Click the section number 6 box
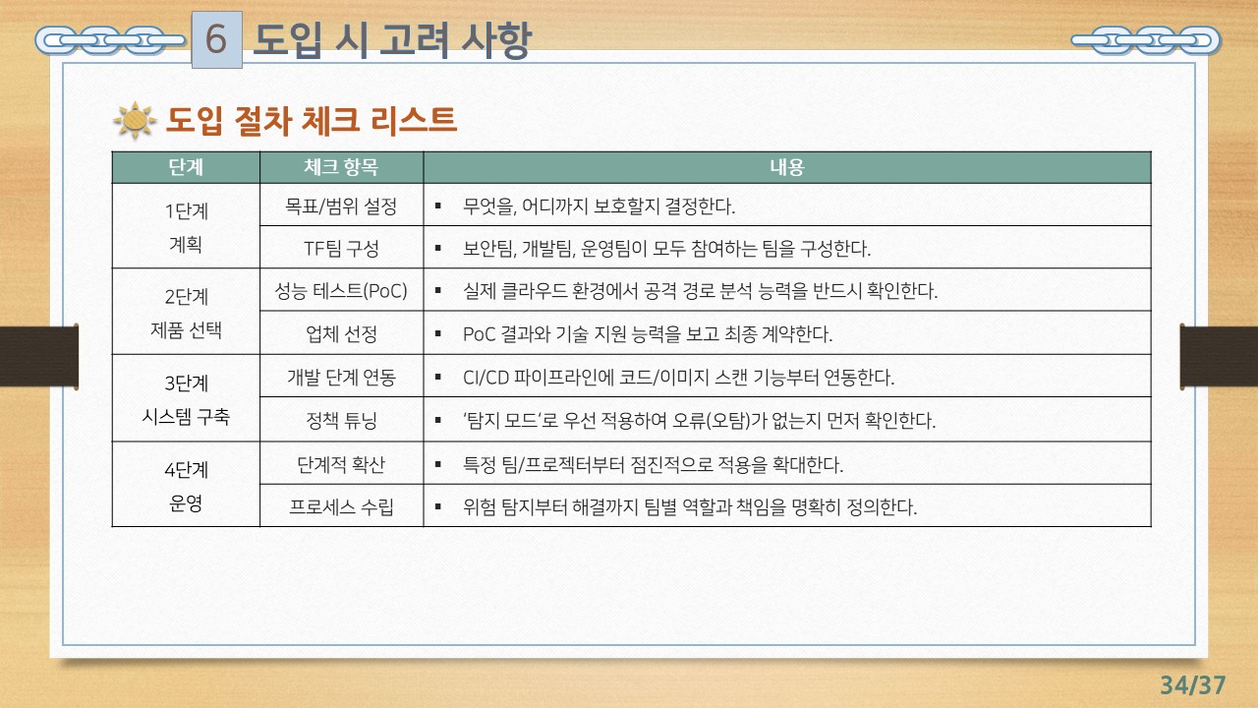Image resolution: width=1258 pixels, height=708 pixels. tap(216, 39)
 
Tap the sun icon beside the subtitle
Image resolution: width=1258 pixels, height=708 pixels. tap(135, 121)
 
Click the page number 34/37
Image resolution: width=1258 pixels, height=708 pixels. tap(1193, 684)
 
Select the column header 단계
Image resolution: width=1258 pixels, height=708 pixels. tap(186, 167)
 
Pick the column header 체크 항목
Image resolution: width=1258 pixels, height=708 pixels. tap(341, 167)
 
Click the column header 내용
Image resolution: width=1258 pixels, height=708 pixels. tap(786, 167)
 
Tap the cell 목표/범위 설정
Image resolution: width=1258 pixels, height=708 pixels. tap(341, 206)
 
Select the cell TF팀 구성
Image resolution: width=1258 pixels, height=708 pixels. tap(341, 248)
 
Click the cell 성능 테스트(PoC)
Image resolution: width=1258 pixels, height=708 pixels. tap(341, 291)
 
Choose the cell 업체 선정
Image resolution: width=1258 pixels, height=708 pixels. tap(341, 333)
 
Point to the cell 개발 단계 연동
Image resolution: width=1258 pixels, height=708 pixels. tap(341, 377)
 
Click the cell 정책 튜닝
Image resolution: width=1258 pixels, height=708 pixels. tap(341, 421)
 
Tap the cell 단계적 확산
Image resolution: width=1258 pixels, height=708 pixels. tap(341, 463)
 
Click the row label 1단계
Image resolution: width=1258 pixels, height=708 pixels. tap(186, 210)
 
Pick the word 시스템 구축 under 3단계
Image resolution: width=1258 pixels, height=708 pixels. tap(186, 416)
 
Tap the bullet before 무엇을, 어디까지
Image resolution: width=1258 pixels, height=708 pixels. tap(436, 206)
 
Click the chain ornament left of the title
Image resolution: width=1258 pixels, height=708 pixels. tap(108, 40)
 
